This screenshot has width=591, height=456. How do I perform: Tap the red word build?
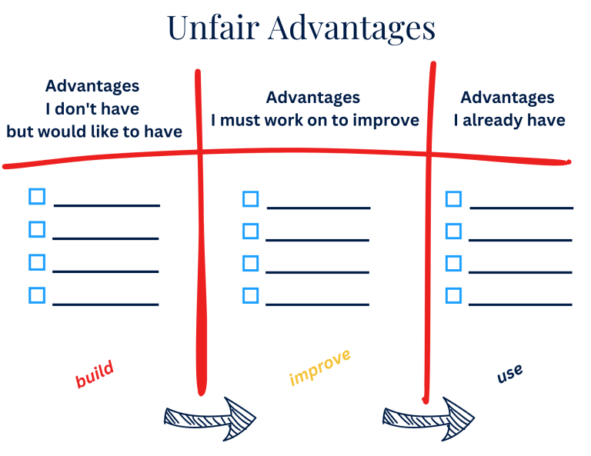(95, 374)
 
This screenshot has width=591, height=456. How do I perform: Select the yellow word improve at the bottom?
(320, 367)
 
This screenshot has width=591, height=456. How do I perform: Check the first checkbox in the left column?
(37, 196)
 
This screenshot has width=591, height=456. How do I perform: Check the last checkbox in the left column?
(37, 295)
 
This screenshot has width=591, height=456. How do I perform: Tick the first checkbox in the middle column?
(250, 199)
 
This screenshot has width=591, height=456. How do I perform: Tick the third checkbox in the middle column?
(250, 264)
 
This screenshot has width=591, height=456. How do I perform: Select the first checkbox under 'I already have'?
(454, 199)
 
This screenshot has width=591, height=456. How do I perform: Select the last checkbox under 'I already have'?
(454, 295)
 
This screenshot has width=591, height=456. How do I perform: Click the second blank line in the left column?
(105, 239)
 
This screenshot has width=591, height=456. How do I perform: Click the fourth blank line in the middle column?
(317, 305)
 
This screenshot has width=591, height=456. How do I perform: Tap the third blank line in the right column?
(520, 273)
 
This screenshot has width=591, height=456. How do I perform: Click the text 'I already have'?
(509, 120)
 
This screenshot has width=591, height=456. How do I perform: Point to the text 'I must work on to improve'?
(315, 120)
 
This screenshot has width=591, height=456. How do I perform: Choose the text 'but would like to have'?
(94, 131)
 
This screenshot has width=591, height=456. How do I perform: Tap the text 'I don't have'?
(92, 108)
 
